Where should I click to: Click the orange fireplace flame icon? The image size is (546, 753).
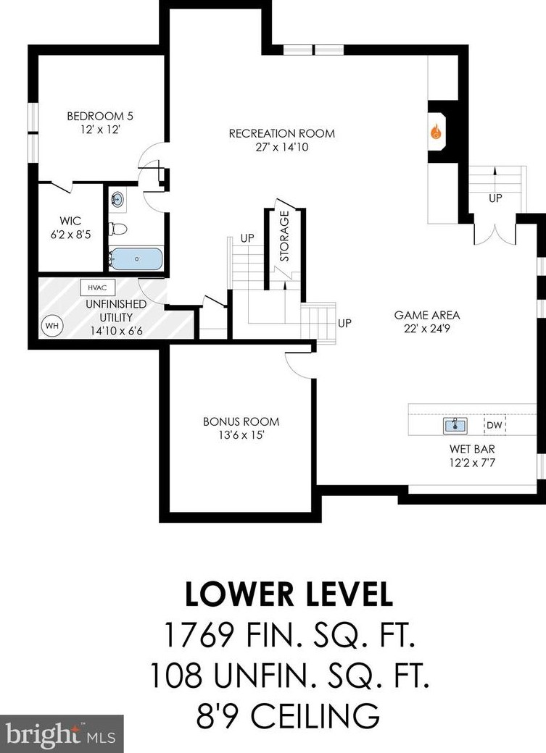pyautogui.click(x=435, y=131)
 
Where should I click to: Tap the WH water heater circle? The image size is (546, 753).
pyautogui.click(x=52, y=326)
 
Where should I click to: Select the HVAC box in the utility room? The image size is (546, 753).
pyautogui.click(x=98, y=287)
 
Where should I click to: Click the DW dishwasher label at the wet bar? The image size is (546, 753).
pyautogui.click(x=495, y=425)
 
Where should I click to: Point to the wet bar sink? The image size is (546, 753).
pyautogui.click(x=455, y=426)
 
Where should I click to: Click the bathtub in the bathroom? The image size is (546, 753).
pyautogui.click(x=136, y=259)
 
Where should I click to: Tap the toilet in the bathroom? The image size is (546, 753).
pyautogui.click(x=118, y=229)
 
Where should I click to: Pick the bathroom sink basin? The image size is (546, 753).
pyautogui.click(x=117, y=198)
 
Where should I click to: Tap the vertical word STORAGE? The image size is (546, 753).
pyautogui.click(x=284, y=236)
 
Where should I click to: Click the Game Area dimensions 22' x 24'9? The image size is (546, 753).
pyautogui.click(x=427, y=329)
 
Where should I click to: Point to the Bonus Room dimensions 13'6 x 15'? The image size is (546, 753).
pyautogui.click(x=241, y=436)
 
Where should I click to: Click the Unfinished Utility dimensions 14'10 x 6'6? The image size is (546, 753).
pyautogui.click(x=116, y=331)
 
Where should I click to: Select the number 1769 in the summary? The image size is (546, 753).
pyautogui.click(x=199, y=634)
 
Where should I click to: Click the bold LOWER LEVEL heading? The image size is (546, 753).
pyautogui.click(x=289, y=594)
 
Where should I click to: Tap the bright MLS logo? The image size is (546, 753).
pyautogui.click(x=62, y=734)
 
